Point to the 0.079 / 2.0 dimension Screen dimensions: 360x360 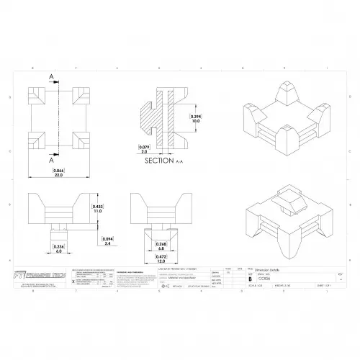(144, 150)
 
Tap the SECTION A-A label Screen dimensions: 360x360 (163, 162)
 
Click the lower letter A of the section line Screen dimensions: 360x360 (52, 161)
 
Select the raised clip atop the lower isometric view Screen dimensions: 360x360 (286, 203)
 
